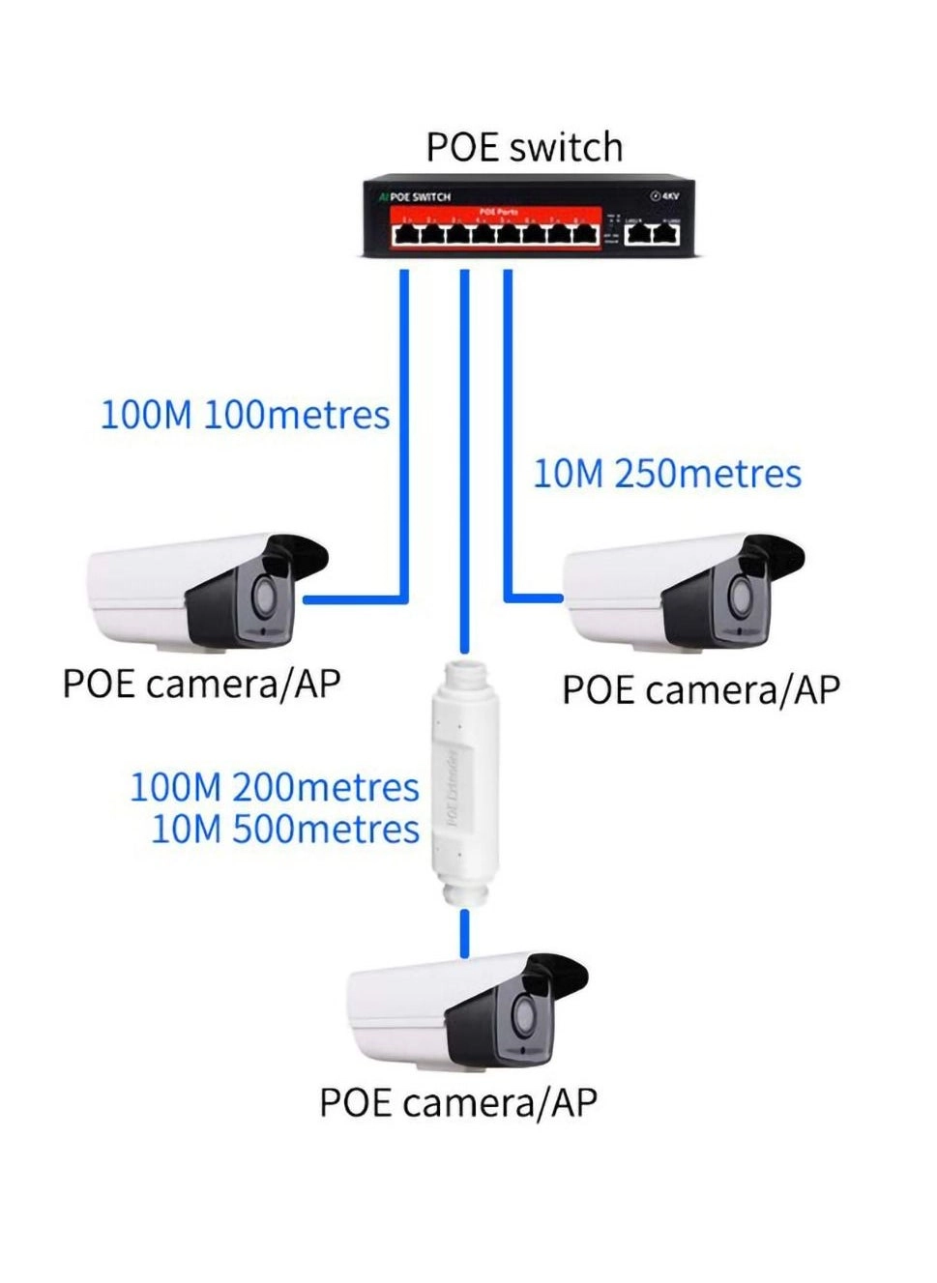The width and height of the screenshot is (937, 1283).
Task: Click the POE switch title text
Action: click(x=524, y=147)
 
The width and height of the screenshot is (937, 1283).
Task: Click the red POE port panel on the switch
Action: click(x=496, y=228)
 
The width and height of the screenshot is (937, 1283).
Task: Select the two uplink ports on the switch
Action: click(x=652, y=233)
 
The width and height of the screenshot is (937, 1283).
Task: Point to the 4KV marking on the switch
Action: click(x=665, y=196)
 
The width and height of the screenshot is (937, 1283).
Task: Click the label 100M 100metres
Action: click(x=245, y=415)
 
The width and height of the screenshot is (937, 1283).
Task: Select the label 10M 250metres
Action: click(x=667, y=474)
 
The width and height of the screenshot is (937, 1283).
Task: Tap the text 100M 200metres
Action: click(x=275, y=787)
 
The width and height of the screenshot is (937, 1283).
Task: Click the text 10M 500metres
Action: click(x=285, y=830)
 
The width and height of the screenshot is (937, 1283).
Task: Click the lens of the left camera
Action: click(x=263, y=596)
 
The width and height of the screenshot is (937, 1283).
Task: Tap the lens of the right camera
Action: click(x=739, y=596)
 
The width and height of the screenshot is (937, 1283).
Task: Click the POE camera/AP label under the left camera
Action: click(x=201, y=684)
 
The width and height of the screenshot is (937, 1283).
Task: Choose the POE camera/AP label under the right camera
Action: click(x=701, y=690)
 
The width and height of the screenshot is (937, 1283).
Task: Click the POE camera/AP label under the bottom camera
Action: click(x=458, y=1102)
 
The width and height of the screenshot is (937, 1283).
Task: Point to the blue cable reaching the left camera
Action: click(x=403, y=435)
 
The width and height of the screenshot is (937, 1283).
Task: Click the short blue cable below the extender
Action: click(x=465, y=933)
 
